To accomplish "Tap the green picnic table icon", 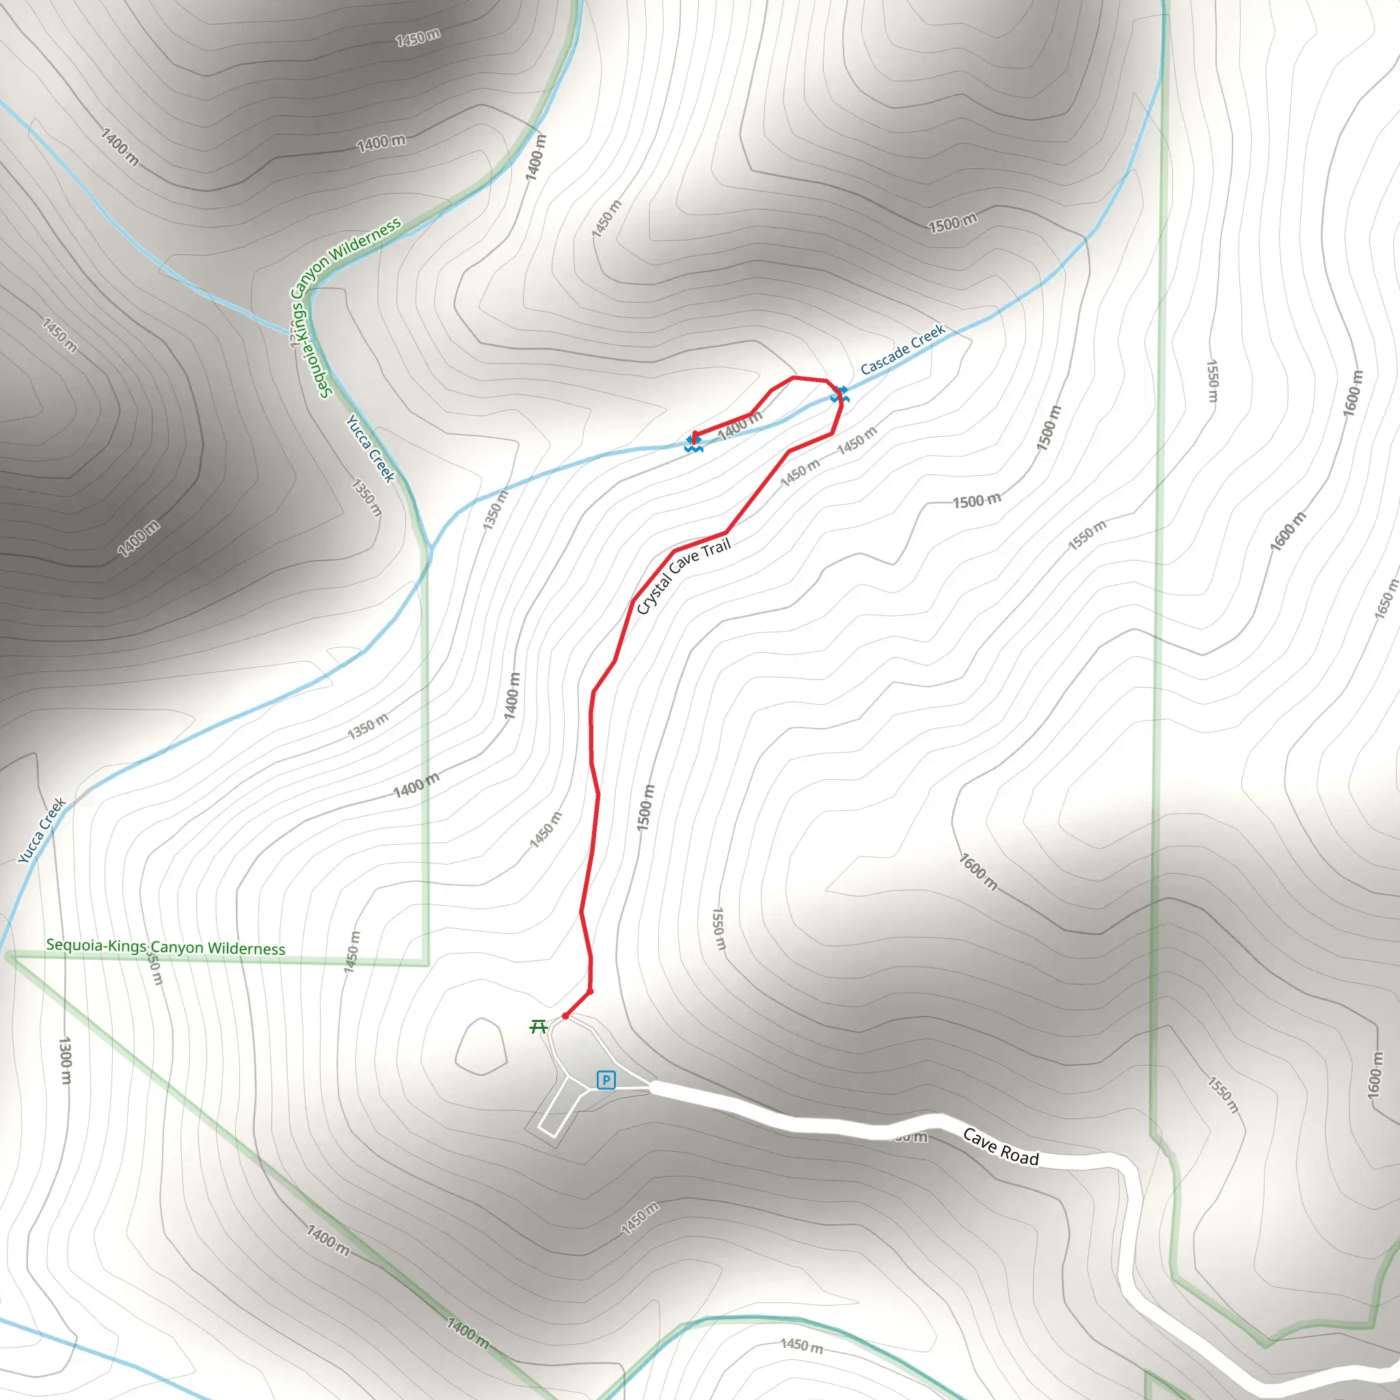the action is point(538,1026).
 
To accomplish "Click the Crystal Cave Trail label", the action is point(684,576).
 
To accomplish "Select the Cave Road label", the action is point(1001,1147).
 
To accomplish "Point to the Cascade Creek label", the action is point(903,349).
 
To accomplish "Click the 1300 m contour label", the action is point(65,1060).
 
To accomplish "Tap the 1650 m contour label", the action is point(1385,599).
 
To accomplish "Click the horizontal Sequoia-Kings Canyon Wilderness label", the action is point(165,947).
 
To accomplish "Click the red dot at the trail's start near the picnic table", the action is point(565,1016).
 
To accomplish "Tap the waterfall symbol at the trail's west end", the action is point(693,444).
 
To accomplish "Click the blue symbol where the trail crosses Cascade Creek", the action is point(839,394).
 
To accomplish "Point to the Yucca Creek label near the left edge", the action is point(42,831).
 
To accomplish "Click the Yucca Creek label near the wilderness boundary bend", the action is point(371,448).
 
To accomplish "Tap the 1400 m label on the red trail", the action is point(740,425).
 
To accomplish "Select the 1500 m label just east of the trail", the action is point(645,807).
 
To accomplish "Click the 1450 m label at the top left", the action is point(418,37).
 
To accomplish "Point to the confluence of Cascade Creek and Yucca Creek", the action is point(431,548).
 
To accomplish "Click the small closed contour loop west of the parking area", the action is point(481,1047).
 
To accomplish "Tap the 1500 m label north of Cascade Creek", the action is point(952,223).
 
